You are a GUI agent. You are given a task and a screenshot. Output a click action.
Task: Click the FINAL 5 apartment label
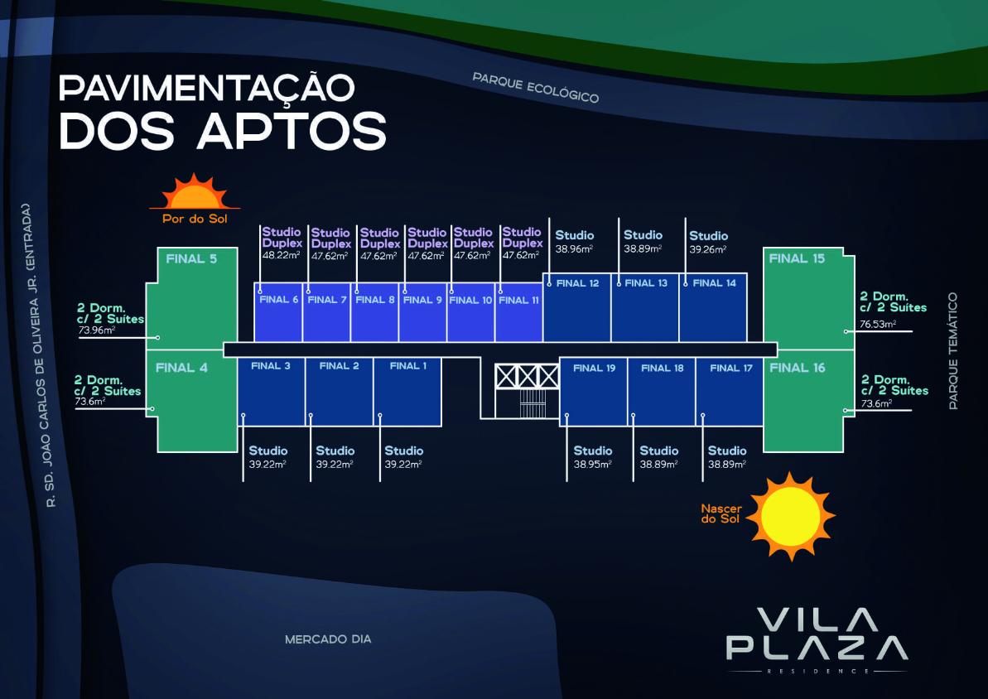pos(191,258)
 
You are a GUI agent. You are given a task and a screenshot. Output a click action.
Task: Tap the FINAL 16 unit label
pos(797,368)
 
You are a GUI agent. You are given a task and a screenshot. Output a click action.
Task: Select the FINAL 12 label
pos(577,283)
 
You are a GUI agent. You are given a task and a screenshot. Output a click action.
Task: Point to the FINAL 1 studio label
pos(407,365)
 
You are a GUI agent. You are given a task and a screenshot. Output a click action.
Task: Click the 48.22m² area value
pos(281,255)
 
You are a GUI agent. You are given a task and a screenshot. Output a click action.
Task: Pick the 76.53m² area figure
pos(878,324)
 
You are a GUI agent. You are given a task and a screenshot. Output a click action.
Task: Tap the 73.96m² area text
pos(96,330)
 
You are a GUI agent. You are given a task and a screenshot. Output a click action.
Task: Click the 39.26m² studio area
pos(707,249)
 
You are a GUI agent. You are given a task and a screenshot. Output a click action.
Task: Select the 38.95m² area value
pos(592,464)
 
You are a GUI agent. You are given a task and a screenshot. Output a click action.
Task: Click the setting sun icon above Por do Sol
pos(195,192)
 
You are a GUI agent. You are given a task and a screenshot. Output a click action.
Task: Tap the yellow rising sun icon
pos(791,516)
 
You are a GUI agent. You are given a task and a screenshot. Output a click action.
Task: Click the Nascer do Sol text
pos(721,513)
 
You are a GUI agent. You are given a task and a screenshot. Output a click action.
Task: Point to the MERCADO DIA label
pos(328,639)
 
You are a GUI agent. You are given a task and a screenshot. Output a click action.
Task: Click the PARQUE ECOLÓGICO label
pos(536,87)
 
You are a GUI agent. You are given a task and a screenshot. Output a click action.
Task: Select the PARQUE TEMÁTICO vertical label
pos(952,350)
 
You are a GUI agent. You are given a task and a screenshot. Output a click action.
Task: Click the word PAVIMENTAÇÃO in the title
pos(207,88)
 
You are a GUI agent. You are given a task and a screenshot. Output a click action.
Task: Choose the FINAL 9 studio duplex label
pos(422,300)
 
